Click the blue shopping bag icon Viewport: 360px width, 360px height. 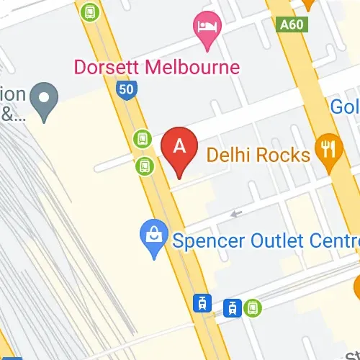coord(154,238)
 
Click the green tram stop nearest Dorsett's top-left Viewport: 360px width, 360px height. coord(89,12)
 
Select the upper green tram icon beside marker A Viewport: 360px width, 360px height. coord(142,138)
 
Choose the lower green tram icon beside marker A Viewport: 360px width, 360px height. coord(145,166)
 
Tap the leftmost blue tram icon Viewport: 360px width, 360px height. coord(204,303)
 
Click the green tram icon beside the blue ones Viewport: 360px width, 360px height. coord(253,307)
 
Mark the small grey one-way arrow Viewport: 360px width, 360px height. coord(235,213)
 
